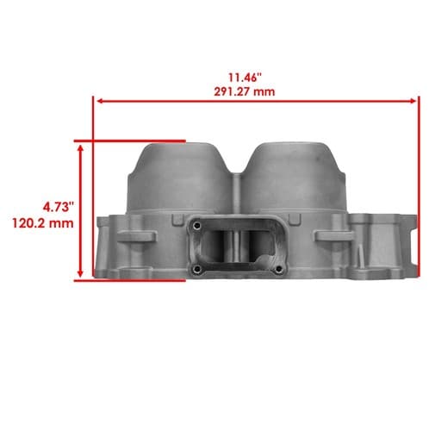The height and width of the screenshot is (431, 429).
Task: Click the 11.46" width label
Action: tap(245, 77)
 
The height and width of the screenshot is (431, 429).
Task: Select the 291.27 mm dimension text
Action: tap(245, 92)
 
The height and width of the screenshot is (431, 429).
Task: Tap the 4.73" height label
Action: tap(59, 207)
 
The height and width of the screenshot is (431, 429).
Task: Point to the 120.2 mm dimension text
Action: tap(43, 223)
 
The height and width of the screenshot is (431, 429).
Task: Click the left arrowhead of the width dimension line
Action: tap(100, 101)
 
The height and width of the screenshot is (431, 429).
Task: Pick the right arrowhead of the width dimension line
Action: tap(413, 101)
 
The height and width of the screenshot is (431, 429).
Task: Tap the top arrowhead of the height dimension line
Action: tap(81, 148)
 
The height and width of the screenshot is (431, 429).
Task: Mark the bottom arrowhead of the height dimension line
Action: tap(81, 273)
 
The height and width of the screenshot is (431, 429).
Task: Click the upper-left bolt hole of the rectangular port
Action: tap(196, 226)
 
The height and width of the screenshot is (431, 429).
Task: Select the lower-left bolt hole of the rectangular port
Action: tap(196, 269)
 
